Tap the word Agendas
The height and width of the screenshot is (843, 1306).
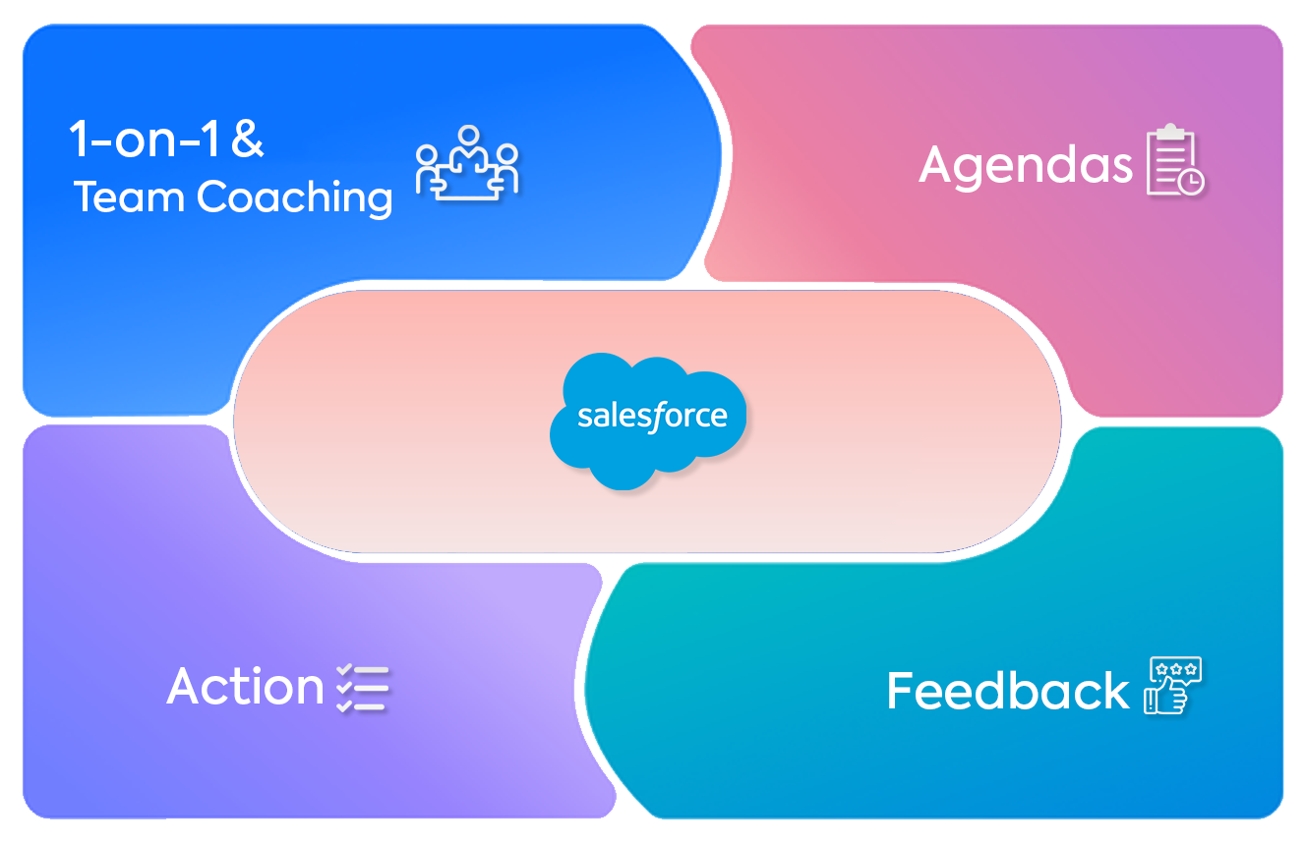1026,165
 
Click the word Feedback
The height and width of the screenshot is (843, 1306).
1007,691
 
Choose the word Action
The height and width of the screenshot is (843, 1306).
245,686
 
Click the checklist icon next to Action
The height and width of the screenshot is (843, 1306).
363,687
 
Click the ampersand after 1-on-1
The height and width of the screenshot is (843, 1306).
248,140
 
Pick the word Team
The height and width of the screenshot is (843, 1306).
131,197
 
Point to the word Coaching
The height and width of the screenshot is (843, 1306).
295,198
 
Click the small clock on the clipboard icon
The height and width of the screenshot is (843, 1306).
1192,182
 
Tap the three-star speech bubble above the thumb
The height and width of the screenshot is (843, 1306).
1176,669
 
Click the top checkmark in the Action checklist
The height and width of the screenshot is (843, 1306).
345,670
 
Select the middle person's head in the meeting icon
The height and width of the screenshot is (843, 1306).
468,135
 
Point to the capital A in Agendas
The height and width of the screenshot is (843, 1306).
938,165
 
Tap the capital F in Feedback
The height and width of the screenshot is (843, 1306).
903,691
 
